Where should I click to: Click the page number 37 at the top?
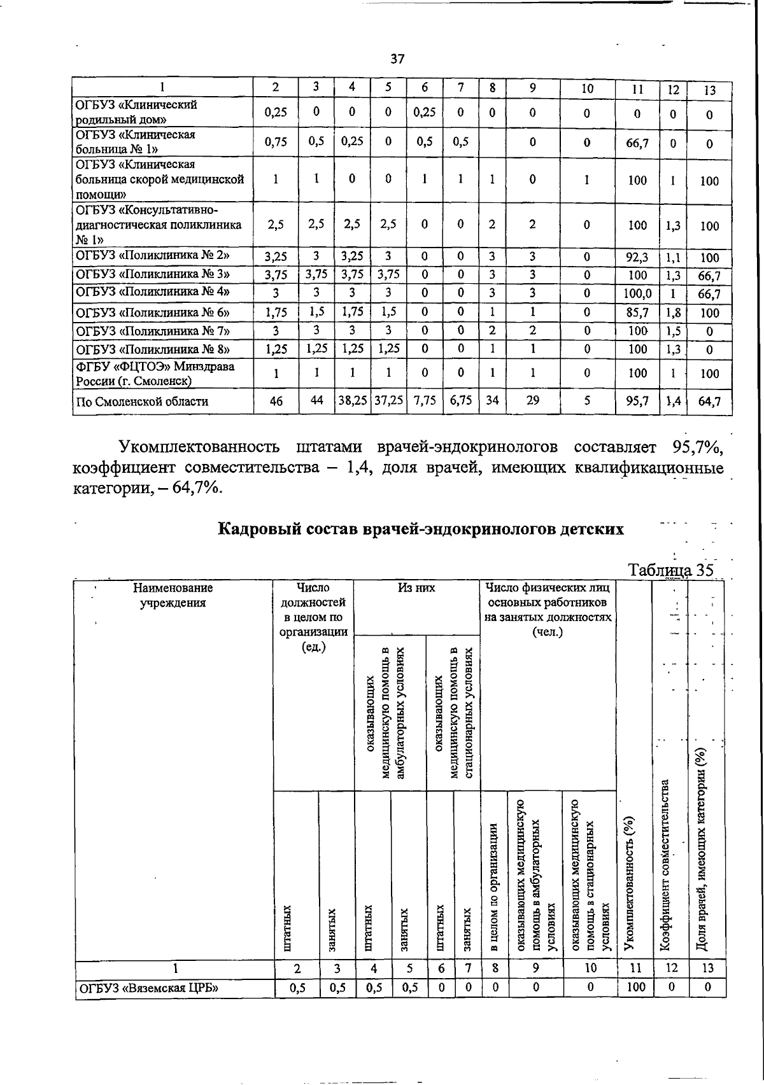click(x=397, y=59)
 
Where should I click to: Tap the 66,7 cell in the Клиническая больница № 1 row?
click(x=637, y=143)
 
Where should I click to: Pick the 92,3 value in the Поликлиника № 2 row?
click(x=637, y=257)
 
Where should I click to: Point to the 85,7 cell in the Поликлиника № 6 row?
click(x=637, y=312)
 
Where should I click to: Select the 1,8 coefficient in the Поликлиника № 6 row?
click(x=674, y=312)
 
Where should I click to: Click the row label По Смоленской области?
click(x=142, y=402)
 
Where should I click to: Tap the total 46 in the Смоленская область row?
click(x=276, y=402)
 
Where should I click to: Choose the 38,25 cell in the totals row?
click(x=351, y=402)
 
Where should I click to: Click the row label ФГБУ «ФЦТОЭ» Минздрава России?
click(x=155, y=374)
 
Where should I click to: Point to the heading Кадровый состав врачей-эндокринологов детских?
click(x=421, y=529)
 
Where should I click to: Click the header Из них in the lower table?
click(x=416, y=588)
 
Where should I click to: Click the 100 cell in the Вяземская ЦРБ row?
click(x=635, y=987)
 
